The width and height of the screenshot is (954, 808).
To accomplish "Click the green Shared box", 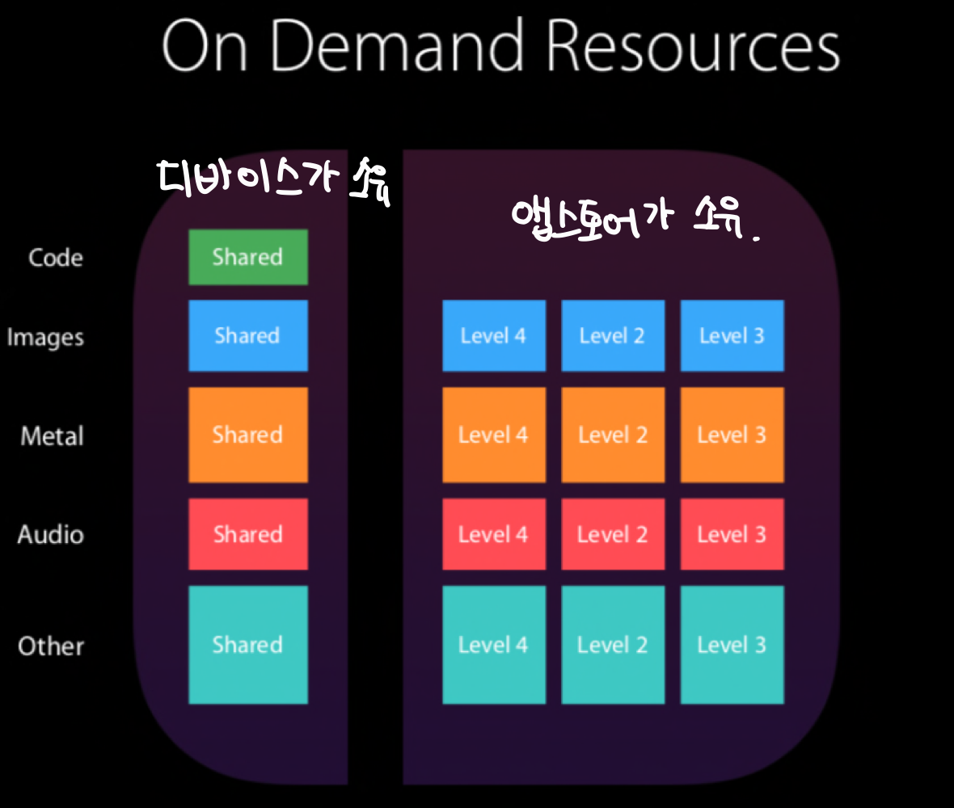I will (x=247, y=257).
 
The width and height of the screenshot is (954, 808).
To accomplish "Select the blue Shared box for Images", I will (x=247, y=335).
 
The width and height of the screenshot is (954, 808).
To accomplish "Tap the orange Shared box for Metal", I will (x=247, y=435).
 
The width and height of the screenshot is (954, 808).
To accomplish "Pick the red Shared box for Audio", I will (x=247, y=534).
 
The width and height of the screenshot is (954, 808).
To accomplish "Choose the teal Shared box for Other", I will (x=247, y=645).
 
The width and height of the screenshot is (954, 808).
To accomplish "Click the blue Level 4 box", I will (x=493, y=335).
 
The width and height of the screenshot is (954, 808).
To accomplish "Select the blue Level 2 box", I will (x=613, y=335).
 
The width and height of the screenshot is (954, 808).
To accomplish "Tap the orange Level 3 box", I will (x=732, y=435).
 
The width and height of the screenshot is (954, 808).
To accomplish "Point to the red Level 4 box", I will (x=493, y=534).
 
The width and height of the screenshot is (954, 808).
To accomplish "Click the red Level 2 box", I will (x=613, y=534).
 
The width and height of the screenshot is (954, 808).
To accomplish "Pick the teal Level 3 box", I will (x=732, y=645).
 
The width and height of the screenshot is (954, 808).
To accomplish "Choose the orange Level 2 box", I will (x=613, y=435).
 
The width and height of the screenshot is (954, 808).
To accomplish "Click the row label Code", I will (x=55, y=258).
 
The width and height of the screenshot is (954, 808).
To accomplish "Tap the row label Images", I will (x=45, y=337).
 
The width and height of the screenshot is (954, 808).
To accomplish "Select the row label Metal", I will (x=53, y=436).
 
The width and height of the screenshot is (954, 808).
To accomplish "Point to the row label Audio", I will (x=51, y=535).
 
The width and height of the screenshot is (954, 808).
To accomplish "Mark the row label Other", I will (x=51, y=646).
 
